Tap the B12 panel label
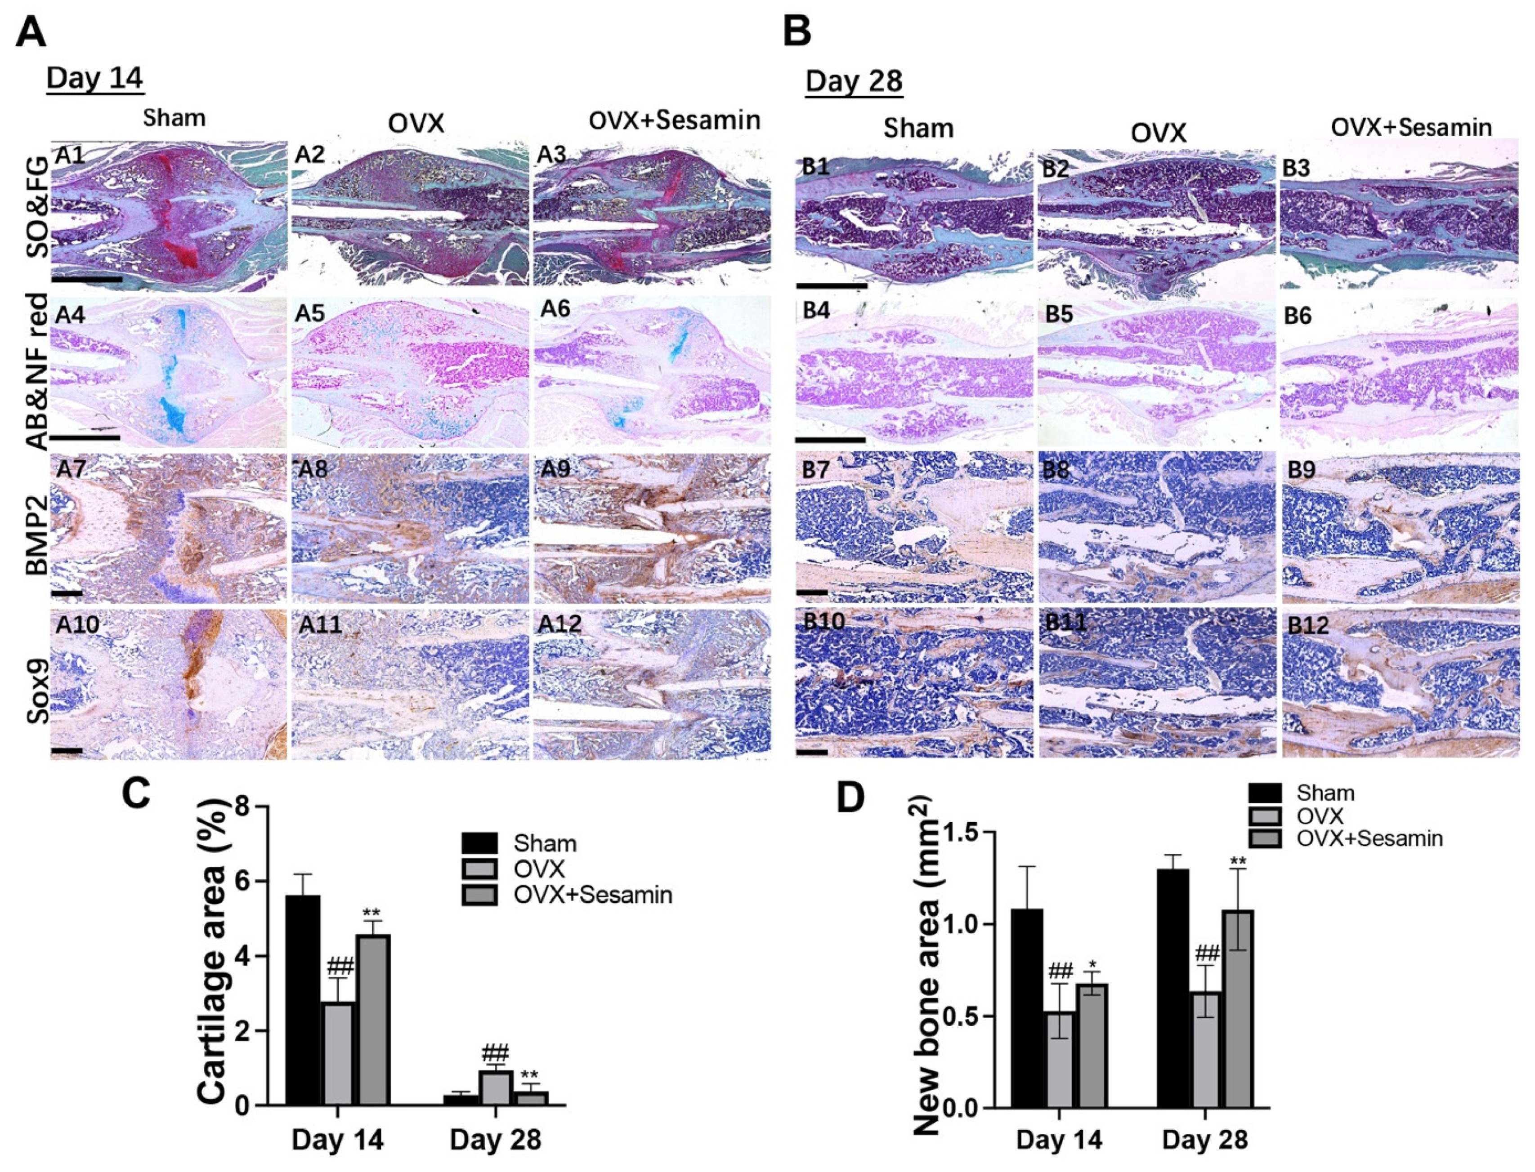pyautogui.click(x=1307, y=625)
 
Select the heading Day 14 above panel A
pyautogui.click(x=95, y=78)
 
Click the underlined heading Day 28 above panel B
pyautogui.click(x=854, y=82)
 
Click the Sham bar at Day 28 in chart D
pyautogui.click(x=1172, y=988)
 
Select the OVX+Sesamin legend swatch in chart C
pyautogui.click(x=480, y=895)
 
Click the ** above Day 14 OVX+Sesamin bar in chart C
pyautogui.click(x=371, y=913)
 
